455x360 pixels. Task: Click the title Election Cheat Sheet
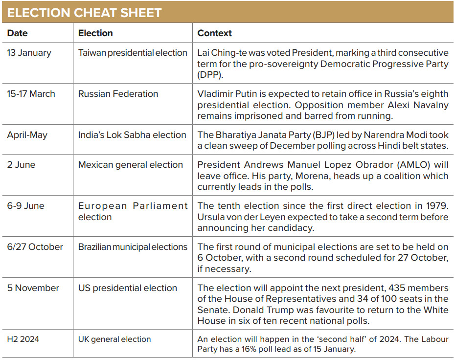tap(84, 13)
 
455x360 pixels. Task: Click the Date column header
tap(18, 33)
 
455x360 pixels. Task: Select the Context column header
tap(214, 33)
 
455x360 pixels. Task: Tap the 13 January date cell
tap(29, 53)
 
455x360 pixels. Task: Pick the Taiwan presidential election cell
tap(133, 53)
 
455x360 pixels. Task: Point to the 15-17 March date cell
tap(31, 94)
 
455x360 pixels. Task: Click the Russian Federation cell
tap(118, 94)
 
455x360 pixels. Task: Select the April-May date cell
tap(27, 135)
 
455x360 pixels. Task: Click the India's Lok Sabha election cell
tap(132, 135)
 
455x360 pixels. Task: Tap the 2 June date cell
tap(21, 165)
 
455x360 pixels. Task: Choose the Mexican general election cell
tap(131, 165)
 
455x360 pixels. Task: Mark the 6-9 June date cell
tap(26, 205)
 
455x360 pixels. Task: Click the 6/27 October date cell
tap(35, 247)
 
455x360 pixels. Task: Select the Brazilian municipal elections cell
tap(133, 247)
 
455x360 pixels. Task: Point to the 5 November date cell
tap(33, 288)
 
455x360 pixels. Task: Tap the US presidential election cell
tap(128, 288)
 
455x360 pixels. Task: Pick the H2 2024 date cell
tap(23, 339)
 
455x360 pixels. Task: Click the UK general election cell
tap(114, 339)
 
